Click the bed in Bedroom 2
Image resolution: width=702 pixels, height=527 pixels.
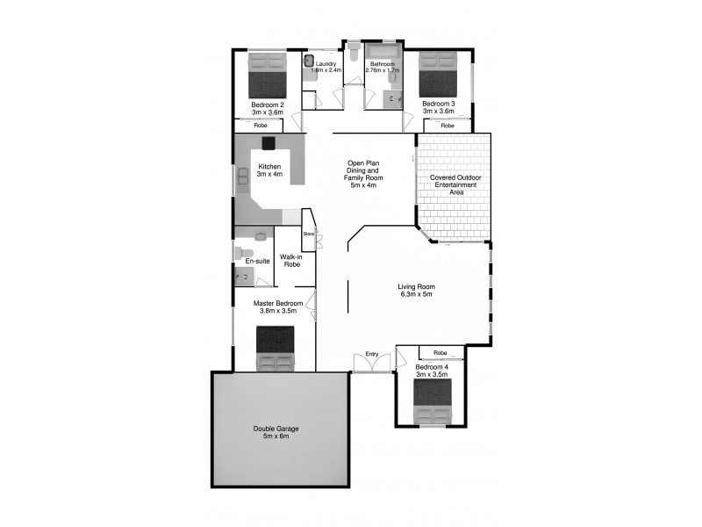[x=268, y=75]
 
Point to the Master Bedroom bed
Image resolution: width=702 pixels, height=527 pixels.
[x=276, y=349]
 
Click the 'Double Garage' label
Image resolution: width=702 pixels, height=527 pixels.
[x=276, y=429]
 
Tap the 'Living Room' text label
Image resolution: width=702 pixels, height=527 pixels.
[x=416, y=286]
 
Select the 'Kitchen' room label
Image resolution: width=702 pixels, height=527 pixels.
[x=269, y=167]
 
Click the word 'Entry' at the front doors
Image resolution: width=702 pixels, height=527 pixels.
[x=372, y=354]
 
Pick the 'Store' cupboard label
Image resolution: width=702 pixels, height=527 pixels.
[x=308, y=235]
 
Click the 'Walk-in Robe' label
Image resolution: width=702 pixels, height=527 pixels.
[x=291, y=261]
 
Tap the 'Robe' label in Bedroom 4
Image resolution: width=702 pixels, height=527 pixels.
[x=440, y=353]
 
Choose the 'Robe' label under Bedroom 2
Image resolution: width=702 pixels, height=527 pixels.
[x=261, y=126]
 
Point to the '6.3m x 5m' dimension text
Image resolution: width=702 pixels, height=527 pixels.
[x=416, y=294]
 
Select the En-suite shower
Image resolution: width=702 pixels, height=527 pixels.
[x=245, y=278]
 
